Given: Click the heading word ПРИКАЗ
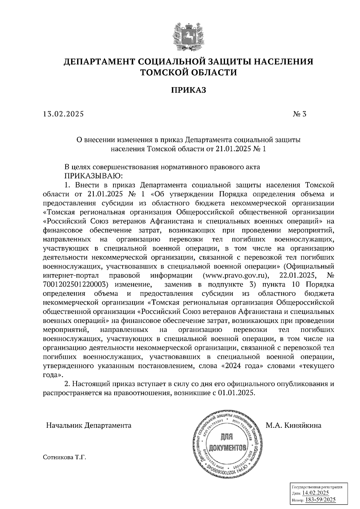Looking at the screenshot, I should tap(189, 90).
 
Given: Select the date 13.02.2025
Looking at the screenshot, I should tap(64, 114).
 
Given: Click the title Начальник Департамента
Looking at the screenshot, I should tap(88, 425).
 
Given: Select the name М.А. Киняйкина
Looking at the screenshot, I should tap(293, 425).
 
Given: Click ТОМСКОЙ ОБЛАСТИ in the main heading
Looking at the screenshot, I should tap(189, 73).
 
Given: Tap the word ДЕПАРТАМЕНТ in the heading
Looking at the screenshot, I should tap(99, 62).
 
